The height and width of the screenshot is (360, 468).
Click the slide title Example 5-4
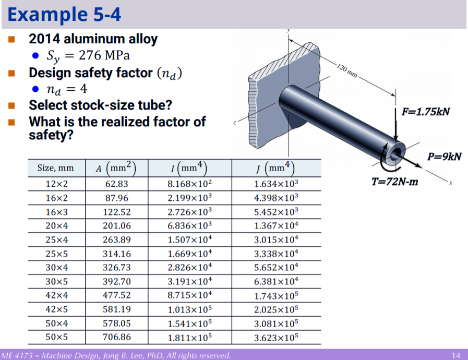[x=64, y=14]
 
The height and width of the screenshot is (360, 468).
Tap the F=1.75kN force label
[x=425, y=112]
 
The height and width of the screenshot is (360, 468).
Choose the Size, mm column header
[x=55, y=168]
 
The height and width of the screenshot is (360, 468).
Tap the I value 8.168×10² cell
[x=190, y=184]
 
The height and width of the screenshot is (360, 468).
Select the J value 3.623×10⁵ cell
[x=276, y=337]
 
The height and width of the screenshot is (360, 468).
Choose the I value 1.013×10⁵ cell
[x=190, y=310]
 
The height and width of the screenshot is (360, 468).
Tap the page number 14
[x=456, y=355]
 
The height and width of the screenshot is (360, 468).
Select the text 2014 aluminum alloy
[x=93, y=39]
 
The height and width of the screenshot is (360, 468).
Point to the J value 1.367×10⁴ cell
[x=276, y=226]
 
